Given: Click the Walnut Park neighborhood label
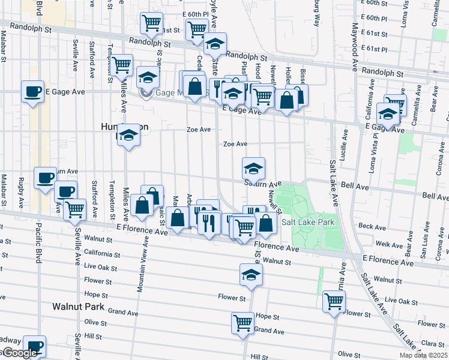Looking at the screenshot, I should (x=77, y=307).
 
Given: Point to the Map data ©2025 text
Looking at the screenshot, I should (x=423, y=355).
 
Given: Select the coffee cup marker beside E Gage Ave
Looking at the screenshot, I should (x=32, y=92).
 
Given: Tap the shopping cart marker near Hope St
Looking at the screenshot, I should (x=243, y=322).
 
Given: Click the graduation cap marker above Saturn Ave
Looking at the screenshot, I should (x=254, y=168).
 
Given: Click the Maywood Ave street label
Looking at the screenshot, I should (x=355, y=47).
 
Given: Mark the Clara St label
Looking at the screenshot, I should (x=429, y=343).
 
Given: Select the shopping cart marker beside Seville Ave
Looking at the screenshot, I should (x=75, y=210).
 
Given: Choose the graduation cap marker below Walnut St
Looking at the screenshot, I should (x=250, y=275).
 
